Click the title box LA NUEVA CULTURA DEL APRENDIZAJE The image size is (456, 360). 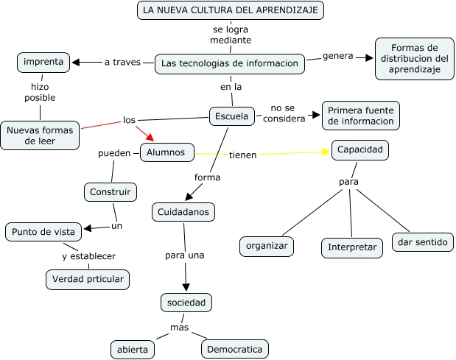pyautogui.click(x=231, y=10)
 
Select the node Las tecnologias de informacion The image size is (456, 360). pyautogui.click(x=230, y=63)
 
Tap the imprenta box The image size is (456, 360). pyautogui.click(x=43, y=63)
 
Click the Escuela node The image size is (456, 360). pyautogui.click(x=233, y=116)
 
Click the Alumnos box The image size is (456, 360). pyautogui.click(x=166, y=152)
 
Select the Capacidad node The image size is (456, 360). pyautogui.click(x=359, y=150)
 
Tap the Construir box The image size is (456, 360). pyautogui.click(x=110, y=193)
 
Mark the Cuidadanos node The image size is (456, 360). pyautogui.click(x=184, y=212)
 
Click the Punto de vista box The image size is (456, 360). pyautogui.click(x=43, y=232)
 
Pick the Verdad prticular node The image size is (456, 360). pyautogui.click(x=88, y=280)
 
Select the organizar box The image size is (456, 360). pyautogui.click(x=267, y=246)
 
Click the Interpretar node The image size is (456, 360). pyautogui.click(x=352, y=248)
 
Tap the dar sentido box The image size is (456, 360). pyautogui.click(x=421, y=242)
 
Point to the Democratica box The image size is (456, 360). pyautogui.click(x=234, y=349)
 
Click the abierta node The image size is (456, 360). pyautogui.click(x=133, y=349)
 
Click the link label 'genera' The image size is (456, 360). pyautogui.click(x=338, y=56)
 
